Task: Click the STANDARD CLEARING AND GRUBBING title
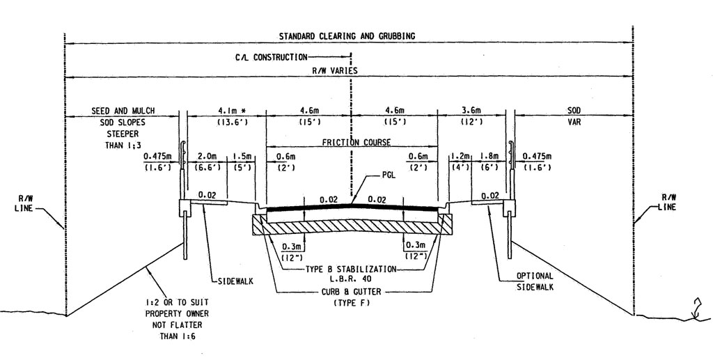pyautogui.click(x=348, y=36)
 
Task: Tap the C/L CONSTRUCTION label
pyautogui.click(x=270, y=58)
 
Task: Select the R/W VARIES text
pyautogui.click(x=335, y=71)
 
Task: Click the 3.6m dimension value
pyautogui.click(x=473, y=110)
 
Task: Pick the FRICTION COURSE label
pyautogui.click(x=356, y=142)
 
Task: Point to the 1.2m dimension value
pyautogui.click(x=460, y=156)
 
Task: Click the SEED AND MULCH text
pyautogui.click(x=123, y=110)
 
